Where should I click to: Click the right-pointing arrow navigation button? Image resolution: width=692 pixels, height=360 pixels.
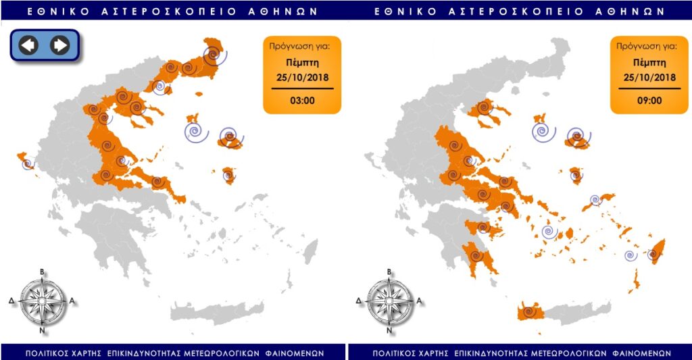click(60, 45)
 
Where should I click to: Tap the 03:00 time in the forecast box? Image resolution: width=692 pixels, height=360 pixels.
click(302, 101)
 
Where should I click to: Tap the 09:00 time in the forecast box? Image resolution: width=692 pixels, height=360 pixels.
click(649, 101)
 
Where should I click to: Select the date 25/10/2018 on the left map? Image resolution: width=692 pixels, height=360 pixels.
click(302, 77)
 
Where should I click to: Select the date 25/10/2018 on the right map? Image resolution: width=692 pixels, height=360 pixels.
click(649, 77)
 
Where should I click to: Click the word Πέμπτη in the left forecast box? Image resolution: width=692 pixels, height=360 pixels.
click(302, 61)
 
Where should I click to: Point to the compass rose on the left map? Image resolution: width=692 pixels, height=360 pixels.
click(43, 301)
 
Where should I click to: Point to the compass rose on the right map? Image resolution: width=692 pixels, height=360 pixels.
click(389, 301)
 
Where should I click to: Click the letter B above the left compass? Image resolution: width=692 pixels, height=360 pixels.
click(43, 272)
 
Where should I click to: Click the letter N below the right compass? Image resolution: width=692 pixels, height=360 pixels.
click(389, 331)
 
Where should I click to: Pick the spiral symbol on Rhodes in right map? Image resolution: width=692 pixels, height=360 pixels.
click(653, 255)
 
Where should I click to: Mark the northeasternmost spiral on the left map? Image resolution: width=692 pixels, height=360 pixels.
click(214, 53)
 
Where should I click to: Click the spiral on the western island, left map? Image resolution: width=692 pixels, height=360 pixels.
click(28, 163)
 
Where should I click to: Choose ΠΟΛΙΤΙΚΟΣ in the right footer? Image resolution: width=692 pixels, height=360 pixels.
click(397, 353)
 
